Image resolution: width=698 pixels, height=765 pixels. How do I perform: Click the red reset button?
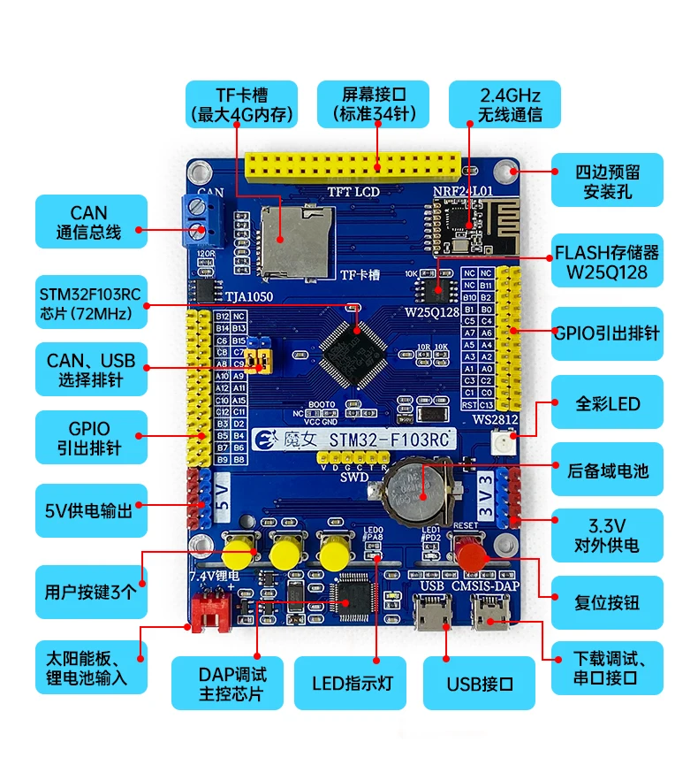click(472, 554)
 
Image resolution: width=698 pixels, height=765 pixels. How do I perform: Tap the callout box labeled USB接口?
click(480, 685)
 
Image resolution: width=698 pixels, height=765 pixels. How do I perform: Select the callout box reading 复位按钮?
click(606, 602)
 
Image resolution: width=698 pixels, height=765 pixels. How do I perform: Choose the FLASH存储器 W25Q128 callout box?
click(606, 262)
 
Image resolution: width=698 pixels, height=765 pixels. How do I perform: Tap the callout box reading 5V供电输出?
click(90, 510)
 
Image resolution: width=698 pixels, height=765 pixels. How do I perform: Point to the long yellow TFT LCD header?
click(353, 165)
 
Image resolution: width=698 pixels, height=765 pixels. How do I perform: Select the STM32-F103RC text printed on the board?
click(389, 439)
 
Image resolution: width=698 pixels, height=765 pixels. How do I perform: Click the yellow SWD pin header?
click(354, 458)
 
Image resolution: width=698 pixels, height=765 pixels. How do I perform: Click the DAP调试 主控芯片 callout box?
click(228, 685)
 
